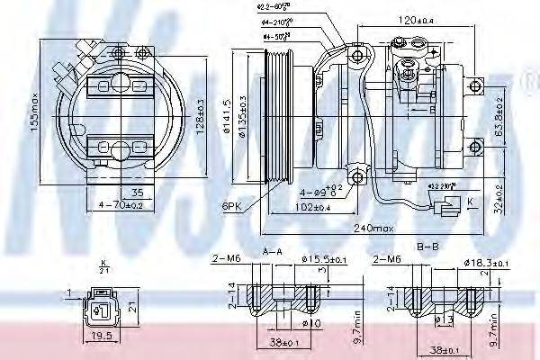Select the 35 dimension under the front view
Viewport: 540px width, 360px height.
point(138,192)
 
